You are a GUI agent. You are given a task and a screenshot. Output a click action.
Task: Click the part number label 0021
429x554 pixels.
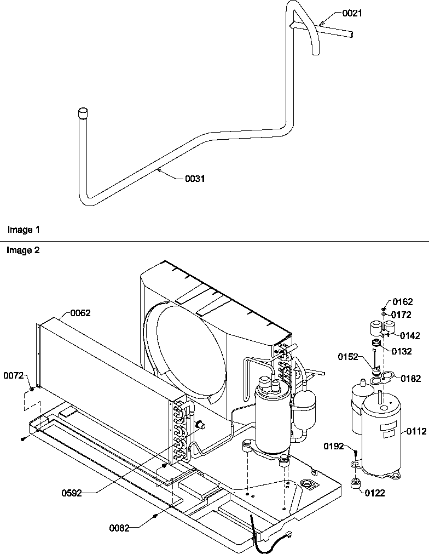pos(352,13)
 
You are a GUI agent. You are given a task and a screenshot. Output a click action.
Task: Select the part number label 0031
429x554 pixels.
pos(194,179)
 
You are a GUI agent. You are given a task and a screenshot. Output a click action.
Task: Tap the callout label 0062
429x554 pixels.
pos(80,313)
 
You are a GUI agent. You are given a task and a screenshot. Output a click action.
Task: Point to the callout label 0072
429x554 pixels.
pos(14,375)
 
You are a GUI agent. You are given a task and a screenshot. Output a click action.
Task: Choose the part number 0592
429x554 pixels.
pos(71,493)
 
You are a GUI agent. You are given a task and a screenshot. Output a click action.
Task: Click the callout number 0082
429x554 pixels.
pos(119,528)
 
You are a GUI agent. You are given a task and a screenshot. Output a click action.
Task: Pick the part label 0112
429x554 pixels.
pos(416,432)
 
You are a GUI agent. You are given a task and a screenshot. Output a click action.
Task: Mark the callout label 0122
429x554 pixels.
pos(375,493)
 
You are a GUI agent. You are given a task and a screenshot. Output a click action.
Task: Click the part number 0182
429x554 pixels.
pos(410,378)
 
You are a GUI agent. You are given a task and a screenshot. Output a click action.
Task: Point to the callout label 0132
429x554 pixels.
pos(402,352)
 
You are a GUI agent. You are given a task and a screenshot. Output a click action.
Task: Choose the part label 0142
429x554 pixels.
pos(410,336)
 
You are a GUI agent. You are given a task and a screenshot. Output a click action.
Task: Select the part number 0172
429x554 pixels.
pos(402,315)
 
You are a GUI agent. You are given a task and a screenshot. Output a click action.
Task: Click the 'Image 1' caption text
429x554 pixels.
pos(23,230)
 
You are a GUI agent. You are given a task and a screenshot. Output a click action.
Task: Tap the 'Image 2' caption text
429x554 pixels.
pos(23,250)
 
